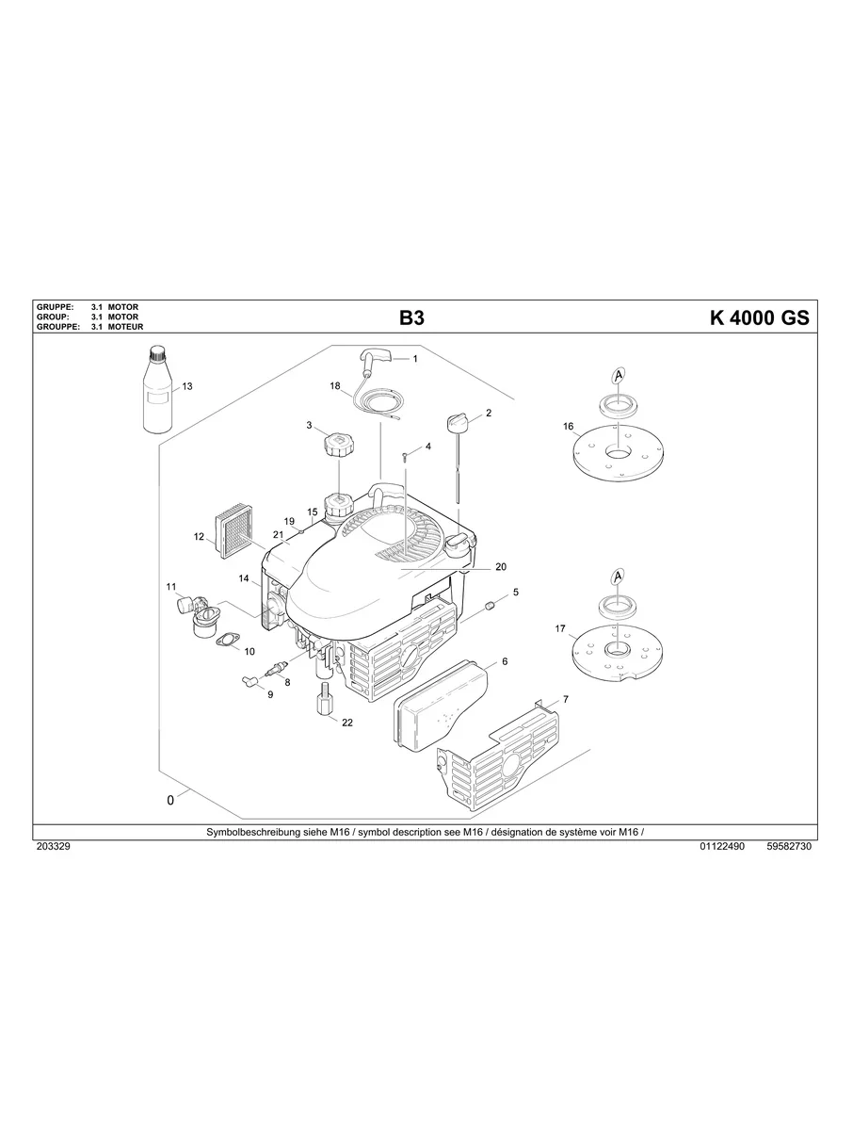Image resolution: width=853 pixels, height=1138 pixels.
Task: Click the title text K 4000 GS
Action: [758, 318]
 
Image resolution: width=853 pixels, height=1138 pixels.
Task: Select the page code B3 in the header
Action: [412, 318]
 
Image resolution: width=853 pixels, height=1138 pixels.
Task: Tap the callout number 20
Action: [500, 567]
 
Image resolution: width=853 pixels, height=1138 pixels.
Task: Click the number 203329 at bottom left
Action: [53, 847]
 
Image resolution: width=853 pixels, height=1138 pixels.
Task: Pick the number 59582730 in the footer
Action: [789, 847]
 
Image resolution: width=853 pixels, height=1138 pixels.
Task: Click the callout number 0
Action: [170, 800]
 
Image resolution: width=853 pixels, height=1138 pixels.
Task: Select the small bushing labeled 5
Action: [489, 603]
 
